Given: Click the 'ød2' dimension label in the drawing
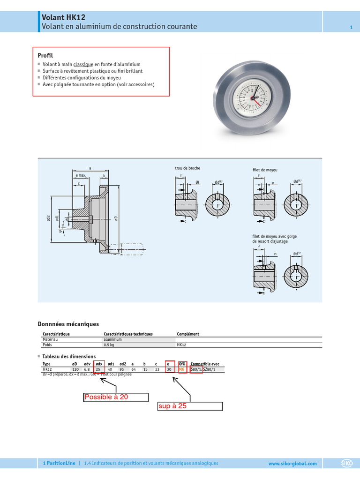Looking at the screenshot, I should click(49, 218).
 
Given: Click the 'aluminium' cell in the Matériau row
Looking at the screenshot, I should click(112, 339).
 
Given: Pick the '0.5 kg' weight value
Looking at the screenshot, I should click(109, 345).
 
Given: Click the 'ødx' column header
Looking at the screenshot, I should click(99, 364).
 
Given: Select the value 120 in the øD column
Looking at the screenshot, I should click(75, 369).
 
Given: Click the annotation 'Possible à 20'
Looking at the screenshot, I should click(106, 397).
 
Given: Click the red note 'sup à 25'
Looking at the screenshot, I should click(172, 406).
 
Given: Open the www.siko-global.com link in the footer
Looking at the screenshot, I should click(292, 464).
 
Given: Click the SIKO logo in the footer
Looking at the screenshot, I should click(347, 464).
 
